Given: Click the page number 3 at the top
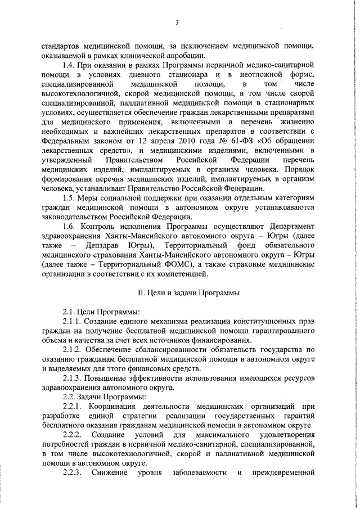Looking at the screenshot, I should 177,23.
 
